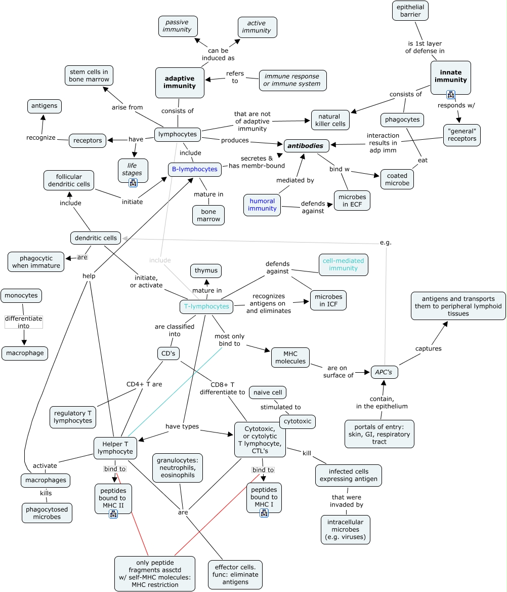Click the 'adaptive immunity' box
180,82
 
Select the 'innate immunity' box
450,76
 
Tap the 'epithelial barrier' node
410,11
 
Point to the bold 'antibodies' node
307,146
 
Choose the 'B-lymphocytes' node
194,169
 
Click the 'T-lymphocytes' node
206,306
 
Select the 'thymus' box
205,270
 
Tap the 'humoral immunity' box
262,205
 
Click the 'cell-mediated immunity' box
343,264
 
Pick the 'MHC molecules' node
290,357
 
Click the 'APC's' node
385,372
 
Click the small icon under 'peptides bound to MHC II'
113,514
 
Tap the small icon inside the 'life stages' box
133,183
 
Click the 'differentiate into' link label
24,322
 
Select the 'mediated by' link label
294,180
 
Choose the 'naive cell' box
268,392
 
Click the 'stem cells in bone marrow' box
89,75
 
